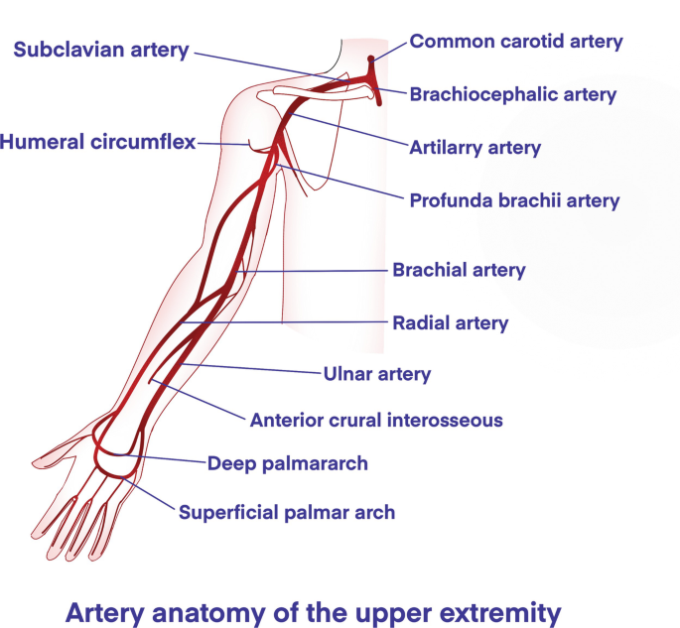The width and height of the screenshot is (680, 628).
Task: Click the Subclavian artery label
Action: point(100,50)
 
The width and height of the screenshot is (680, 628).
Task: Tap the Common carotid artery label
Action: point(516,42)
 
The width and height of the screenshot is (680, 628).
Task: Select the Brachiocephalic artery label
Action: point(512,95)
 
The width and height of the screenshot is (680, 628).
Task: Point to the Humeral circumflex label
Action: point(97,142)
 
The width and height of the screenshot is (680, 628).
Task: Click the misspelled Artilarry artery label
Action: point(475,149)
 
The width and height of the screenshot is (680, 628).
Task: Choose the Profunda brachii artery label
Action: point(514,201)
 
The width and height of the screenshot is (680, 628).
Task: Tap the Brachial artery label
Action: point(459,270)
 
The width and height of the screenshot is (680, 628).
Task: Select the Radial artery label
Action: point(450,323)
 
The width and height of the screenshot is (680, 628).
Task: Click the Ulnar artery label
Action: point(376,375)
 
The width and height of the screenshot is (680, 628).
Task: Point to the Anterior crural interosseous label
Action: point(375,420)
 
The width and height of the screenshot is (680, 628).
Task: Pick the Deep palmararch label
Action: point(288,463)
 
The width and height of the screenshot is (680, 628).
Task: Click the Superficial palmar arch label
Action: point(286,513)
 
